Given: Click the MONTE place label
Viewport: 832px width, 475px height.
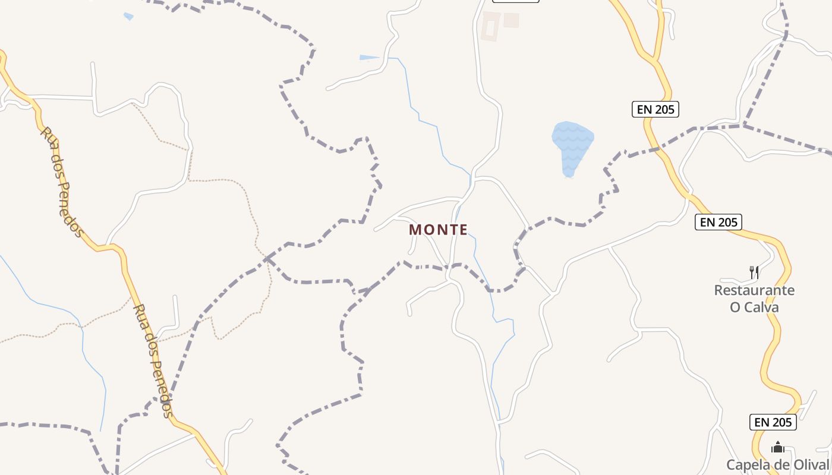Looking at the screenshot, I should [x=438, y=230].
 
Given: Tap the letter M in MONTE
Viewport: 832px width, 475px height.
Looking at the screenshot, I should [x=415, y=230].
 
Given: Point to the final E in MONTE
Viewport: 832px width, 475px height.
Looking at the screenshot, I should [x=463, y=230].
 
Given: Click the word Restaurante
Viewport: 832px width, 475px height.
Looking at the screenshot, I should [x=754, y=290].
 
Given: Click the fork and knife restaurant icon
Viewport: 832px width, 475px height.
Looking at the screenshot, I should [x=754, y=273].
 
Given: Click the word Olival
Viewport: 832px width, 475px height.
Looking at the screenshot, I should [x=809, y=465].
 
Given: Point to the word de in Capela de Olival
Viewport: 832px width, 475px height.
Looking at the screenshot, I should [x=780, y=465].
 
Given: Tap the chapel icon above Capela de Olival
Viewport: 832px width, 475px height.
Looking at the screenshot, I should [x=778, y=447].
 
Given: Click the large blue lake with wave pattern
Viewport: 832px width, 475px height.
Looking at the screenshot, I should [x=572, y=145].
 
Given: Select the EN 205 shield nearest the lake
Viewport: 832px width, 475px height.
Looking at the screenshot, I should [x=654, y=109].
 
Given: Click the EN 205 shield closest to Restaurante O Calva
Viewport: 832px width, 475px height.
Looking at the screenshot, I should [x=718, y=222].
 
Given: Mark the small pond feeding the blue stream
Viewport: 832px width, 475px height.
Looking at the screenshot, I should [x=368, y=58].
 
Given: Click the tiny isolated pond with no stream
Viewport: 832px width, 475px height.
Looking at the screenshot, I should [x=128, y=17].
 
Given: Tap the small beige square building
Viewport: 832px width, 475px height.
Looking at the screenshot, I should [x=511, y=20].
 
